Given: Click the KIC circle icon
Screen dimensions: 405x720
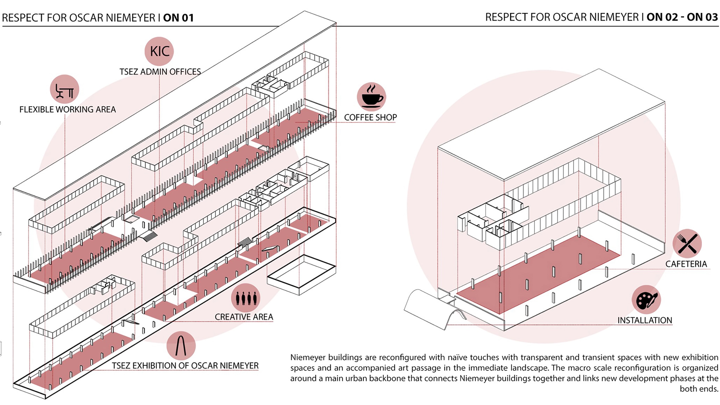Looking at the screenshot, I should tap(159, 51).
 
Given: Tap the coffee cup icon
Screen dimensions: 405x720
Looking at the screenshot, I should tap(372, 97).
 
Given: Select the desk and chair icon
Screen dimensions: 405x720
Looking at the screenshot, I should tap(64, 89).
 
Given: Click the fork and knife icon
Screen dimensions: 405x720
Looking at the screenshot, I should tap(687, 244).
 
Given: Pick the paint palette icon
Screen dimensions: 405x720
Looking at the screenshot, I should tap(646, 300).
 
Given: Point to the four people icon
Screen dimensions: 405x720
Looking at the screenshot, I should tap(246, 298).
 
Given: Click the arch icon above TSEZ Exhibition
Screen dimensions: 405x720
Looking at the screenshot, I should tap(181, 346).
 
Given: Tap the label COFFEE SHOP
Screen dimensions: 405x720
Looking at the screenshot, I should tap(370, 117).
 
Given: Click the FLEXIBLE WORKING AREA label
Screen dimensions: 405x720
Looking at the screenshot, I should tap(67, 109).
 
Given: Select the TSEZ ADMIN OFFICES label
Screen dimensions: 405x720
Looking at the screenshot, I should tap(160, 72).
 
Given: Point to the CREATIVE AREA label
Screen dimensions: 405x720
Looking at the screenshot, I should tap(244, 317).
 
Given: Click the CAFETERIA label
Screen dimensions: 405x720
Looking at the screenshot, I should tap(686, 264).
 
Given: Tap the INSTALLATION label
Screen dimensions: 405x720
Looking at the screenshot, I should tap(645, 320).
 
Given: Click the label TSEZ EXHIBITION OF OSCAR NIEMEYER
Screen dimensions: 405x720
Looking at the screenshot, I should tap(185, 366).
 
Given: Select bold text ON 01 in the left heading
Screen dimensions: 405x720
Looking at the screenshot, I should tap(179, 18).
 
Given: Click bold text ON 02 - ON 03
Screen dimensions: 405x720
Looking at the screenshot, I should tap(682, 17).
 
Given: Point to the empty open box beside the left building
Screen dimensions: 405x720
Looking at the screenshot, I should tap(301, 274).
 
